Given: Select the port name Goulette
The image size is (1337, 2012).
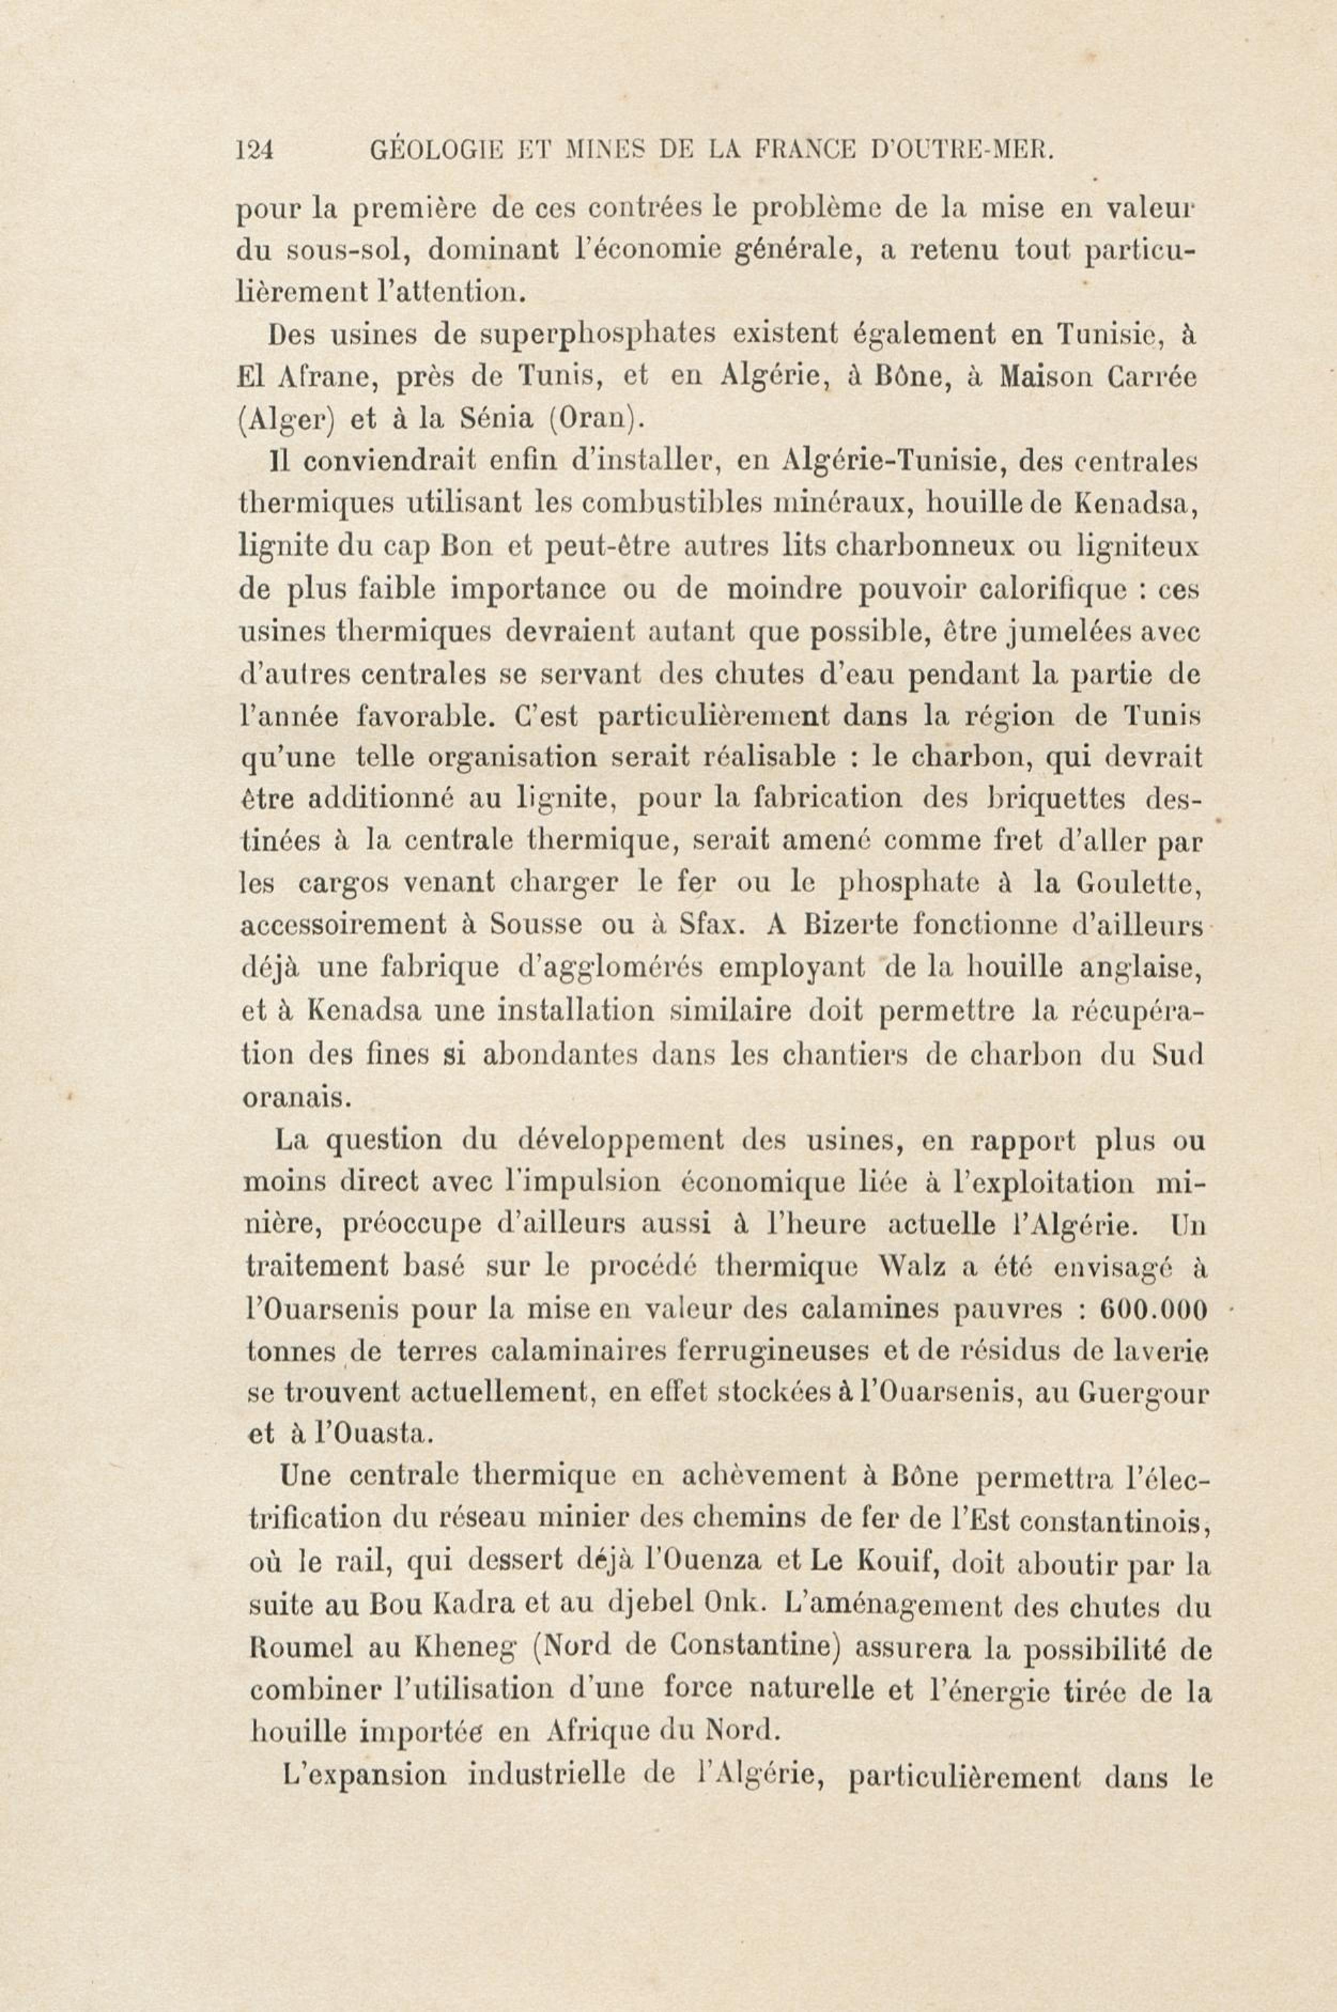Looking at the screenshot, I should coord(1138,883).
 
